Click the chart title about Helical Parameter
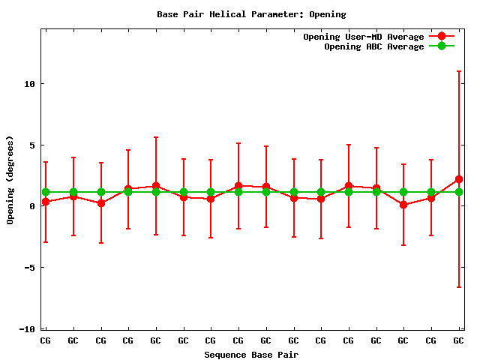tap(251, 14)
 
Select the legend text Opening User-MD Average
tap(363, 37)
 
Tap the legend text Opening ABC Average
tap(373, 46)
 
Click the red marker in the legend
tap(441, 37)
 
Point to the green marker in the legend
tap(441, 46)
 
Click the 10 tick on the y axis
tap(29, 83)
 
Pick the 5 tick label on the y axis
tap(32, 145)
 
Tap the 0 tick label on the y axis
tap(32, 206)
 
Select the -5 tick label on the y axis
tap(29, 268)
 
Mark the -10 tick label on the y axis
tap(27, 329)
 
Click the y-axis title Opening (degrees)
tap(10, 180)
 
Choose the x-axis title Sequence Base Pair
tap(251, 354)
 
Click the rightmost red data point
tap(458, 179)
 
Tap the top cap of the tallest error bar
tap(458, 71)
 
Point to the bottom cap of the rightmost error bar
tap(458, 287)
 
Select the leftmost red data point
tap(46, 202)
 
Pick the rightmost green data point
tap(458, 192)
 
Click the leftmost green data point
tap(46, 192)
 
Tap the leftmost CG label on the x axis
tap(46, 340)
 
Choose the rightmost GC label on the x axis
tap(458, 340)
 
